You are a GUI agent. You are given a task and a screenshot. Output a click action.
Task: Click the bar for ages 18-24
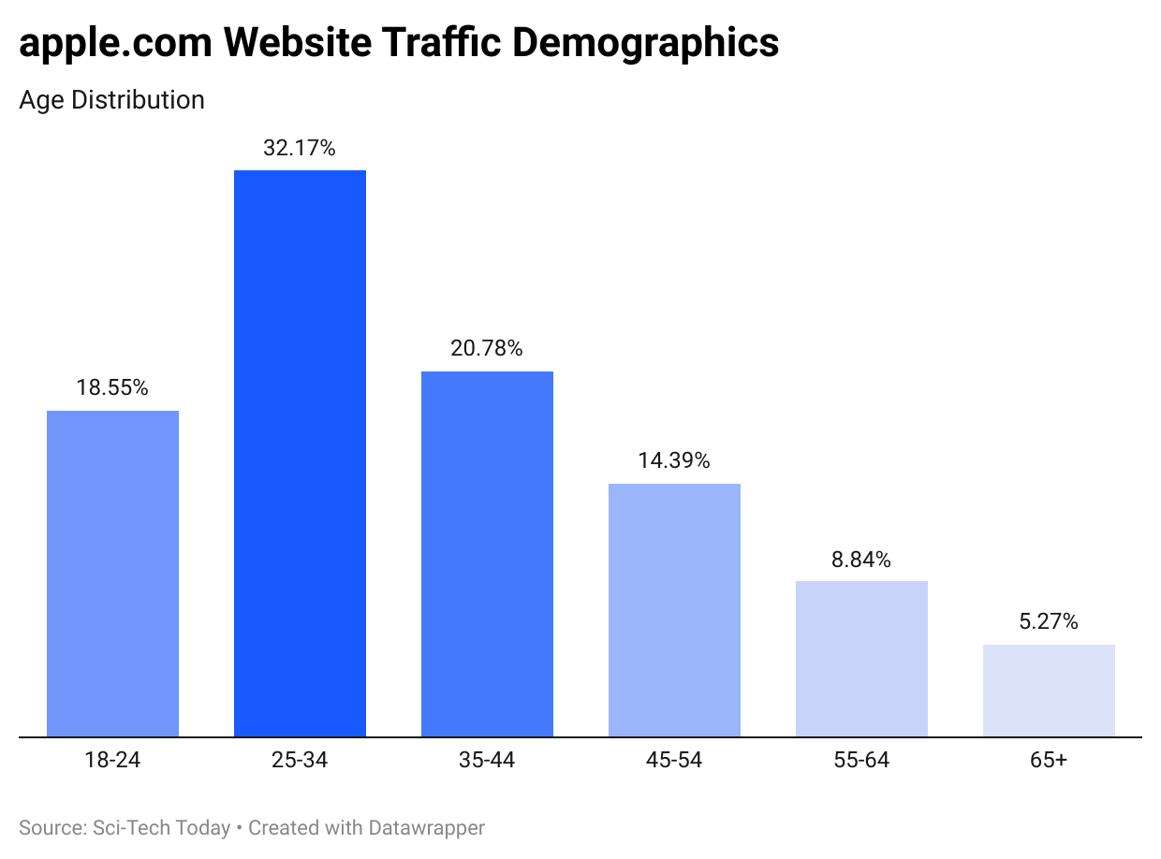click(112, 573)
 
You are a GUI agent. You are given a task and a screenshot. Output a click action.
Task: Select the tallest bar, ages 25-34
click(300, 453)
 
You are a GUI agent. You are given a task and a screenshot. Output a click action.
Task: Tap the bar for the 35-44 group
click(487, 554)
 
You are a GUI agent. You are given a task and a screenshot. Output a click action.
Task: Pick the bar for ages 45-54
click(674, 610)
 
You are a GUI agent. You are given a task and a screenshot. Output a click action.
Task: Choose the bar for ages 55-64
click(861, 659)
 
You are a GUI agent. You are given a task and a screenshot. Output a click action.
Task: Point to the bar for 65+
click(1049, 691)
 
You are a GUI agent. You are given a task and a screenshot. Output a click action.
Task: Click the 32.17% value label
click(300, 148)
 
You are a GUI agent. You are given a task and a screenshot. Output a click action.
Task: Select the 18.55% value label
click(112, 387)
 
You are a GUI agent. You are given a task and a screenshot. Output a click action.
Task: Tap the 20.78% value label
click(487, 349)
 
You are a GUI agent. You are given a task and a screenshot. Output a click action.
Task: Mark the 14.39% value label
click(674, 460)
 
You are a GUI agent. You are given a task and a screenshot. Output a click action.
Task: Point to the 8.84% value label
click(861, 560)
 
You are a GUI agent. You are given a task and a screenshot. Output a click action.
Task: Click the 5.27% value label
click(1049, 621)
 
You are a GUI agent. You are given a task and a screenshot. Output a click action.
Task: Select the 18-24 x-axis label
click(112, 760)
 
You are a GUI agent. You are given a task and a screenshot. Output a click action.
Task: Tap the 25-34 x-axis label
click(300, 760)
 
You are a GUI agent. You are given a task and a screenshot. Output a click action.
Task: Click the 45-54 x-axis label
click(674, 760)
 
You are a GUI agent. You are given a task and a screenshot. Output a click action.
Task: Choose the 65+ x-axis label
click(1049, 760)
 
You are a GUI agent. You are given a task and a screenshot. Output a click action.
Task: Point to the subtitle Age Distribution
click(111, 99)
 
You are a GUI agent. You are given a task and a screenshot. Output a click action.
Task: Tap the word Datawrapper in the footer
click(426, 828)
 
